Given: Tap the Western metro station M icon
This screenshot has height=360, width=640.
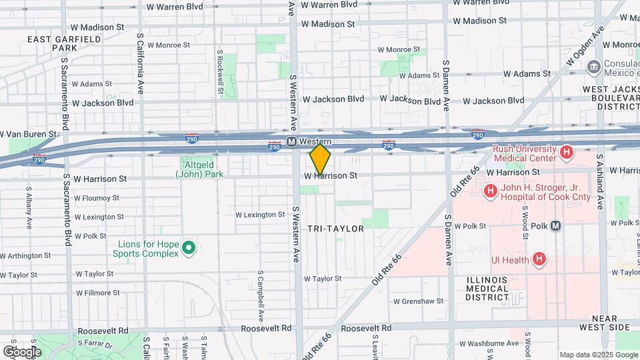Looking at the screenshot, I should (291, 141).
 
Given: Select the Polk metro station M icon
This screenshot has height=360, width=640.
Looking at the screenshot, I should (556, 226).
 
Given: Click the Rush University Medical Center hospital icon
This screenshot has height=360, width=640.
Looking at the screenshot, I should (567, 153).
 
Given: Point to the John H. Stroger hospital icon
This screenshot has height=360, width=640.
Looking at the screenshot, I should (491, 192).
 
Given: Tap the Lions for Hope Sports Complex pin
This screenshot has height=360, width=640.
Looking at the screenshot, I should (189, 249).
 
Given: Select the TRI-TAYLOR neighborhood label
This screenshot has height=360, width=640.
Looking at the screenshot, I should (335, 229).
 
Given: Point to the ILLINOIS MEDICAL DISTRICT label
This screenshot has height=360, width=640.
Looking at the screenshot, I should (479, 289).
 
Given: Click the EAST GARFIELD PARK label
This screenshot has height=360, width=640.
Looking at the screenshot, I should (65, 43).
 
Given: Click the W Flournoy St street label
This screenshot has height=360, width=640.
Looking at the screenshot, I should (96, 198).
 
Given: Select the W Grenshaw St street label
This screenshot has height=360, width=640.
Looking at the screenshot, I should (418, 301).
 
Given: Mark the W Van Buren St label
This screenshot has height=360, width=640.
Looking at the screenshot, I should (28, 134).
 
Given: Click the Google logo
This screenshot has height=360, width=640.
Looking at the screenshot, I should (22, 351).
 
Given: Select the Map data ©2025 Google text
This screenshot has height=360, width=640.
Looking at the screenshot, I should (598, 355).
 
